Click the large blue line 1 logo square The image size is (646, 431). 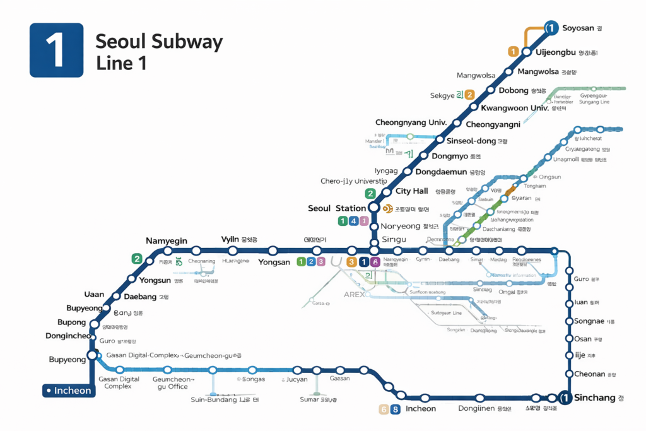[x=56, y=50]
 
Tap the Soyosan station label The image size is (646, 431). [x=578, y=28]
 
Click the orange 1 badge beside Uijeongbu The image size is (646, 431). [x=514, y=52]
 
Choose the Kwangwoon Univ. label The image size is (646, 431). [x=514, y=108]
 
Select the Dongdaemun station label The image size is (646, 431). [x=440, y=172]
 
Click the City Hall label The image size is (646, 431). [x=411, y=191]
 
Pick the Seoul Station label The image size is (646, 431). [x=336, y=208]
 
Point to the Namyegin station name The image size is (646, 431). [x=167, y=240]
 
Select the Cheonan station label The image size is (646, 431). [x=589, y=374]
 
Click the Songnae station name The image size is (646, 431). [x=589, y=321]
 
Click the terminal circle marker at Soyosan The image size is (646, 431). [x=551, y=28]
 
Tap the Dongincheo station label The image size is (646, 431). [x=68, y=336]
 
